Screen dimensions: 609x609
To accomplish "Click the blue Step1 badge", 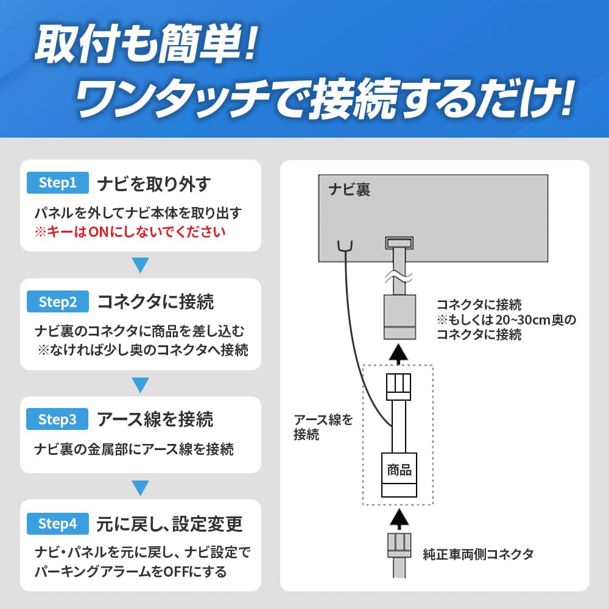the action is pos(57,183).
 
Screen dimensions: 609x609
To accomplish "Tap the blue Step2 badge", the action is pos(57,301).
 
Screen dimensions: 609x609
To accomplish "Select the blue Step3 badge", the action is pos(57,419).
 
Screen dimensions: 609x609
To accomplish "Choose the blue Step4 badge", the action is pos(57,524).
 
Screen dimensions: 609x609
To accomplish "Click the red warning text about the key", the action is pos(130,232).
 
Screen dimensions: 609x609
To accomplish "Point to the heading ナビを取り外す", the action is pos(154,184).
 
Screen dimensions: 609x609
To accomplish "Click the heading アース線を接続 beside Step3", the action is pos(155,420).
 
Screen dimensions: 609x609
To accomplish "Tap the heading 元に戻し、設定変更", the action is pos(169,524).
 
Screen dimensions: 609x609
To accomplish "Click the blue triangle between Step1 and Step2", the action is pos(140,265).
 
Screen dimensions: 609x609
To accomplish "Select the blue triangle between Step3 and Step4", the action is pos(140,488).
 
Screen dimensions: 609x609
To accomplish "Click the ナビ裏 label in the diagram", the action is pos(349,189).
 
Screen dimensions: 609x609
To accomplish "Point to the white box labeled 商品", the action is pos(399,474).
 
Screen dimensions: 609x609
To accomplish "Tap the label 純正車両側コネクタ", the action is pos(478,554).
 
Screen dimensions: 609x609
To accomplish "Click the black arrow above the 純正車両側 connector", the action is pos(398,518).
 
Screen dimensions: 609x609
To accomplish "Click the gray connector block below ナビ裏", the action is pos(400,317).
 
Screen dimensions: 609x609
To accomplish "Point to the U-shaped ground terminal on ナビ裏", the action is pos(345,247).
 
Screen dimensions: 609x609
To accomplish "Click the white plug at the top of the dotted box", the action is pos(398,387).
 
